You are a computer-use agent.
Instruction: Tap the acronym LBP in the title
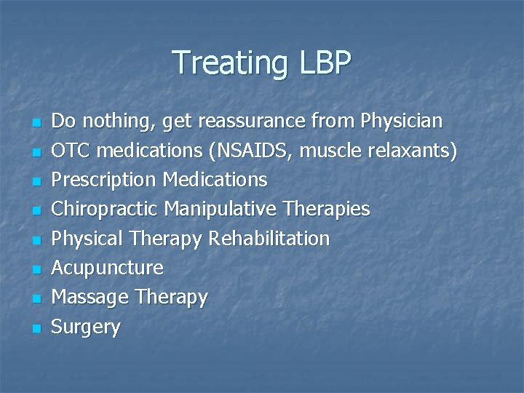point(324,63)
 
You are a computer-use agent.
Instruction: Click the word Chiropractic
point(106,209)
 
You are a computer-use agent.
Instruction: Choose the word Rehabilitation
point(269,239)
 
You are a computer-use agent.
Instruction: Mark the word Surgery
point(87,327)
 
